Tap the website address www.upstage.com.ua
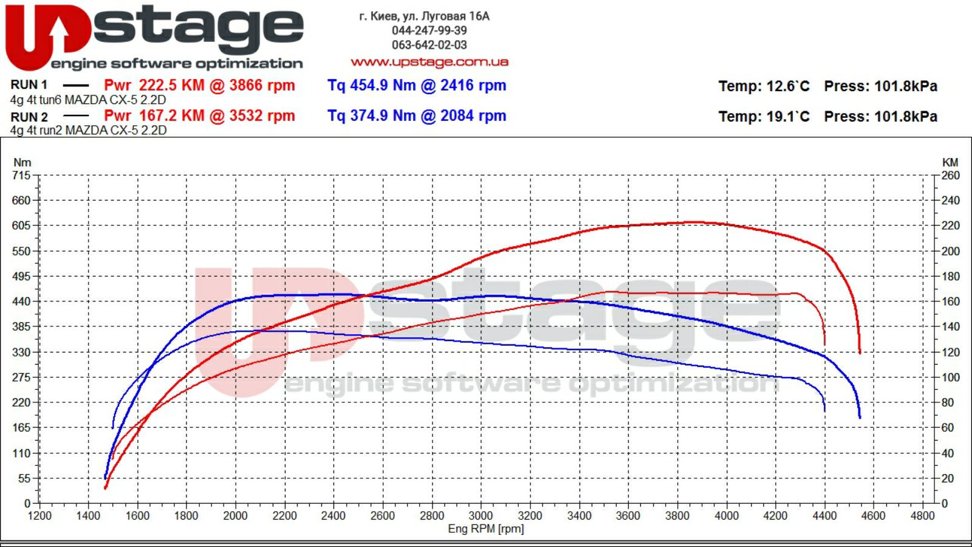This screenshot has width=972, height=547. pos(430,62)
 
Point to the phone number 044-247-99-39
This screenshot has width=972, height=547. pos(429,30)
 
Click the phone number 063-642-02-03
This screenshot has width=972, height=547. pos(429,45)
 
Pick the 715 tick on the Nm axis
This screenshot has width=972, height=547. pos(21,176)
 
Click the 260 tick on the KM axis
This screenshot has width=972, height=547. pos(951,176)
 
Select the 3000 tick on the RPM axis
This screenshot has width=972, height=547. pos(481,516)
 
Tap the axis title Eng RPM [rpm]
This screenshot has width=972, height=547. pos(485,529)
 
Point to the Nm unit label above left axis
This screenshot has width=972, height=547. pos(22,162)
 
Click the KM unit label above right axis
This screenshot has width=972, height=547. pos(950,162)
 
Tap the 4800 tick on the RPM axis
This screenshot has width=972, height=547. pos(922,516)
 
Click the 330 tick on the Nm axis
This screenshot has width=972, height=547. pos(21,352)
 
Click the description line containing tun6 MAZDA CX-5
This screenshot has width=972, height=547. pos(88,100)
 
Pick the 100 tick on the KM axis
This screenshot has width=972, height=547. pos(951,377)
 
